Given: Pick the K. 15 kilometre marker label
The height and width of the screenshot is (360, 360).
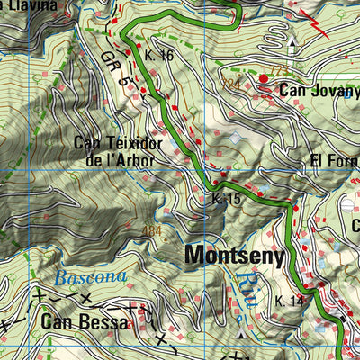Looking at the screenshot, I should point(227,199).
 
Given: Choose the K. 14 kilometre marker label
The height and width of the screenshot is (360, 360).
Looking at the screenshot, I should point(290,301).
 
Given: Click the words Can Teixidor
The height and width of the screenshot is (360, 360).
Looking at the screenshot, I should point(117,143).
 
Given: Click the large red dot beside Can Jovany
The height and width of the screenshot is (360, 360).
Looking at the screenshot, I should point(264,80).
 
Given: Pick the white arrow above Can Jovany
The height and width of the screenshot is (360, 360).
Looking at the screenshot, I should point(292,46).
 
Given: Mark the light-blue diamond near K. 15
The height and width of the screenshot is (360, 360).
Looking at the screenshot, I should point(237,138).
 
